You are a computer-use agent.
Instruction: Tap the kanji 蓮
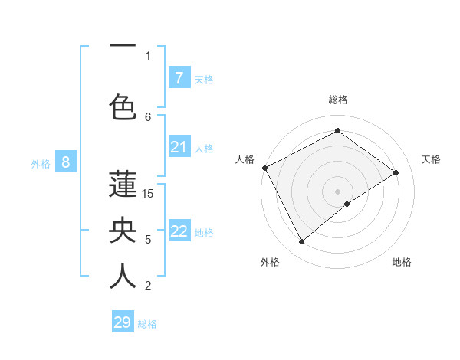pyautogui.click(x=123, y=185)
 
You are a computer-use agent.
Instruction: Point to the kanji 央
pyautogui.click(x=123, y=231)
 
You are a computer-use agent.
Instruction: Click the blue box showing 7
pyautogui.click(x=179, y=77)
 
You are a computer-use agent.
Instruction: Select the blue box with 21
pyautogui.click(x=179, y=147)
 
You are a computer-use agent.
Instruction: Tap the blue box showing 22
pyautogui.click(x=179, y=231)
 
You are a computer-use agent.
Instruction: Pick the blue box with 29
pyautogui.click(x=123, y=322)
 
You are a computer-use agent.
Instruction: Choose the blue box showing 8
pyautogui.click(x=66, y=162)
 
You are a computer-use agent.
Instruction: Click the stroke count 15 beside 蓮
pyautogui.click(x=148, y=193)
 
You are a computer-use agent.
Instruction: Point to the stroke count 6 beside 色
pyautogui.click(x=148, y=116)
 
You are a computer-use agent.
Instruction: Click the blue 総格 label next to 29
pyautogui.click(x=147, y=324)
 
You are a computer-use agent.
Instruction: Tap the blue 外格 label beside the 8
pyautogui.click(x=41, y=163)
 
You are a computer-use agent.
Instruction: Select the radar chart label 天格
pyautogui.click(x=431, y=159)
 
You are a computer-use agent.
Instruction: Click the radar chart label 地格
pyautogui.click(x=402, y=262)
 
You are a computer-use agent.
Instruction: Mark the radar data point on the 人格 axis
pyautogui.click(x=264, y=168)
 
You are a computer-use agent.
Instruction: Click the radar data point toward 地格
pyautogui.click(x=347, y=204)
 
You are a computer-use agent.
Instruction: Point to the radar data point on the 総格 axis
pyautogui.click(x=337, y=131)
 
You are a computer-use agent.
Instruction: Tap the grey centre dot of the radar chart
pyautogui.click(x=337, y=190)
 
